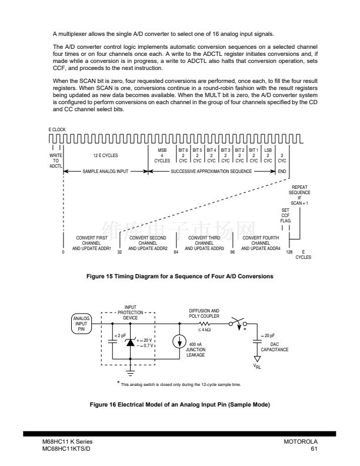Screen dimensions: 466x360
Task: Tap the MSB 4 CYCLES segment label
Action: pos(162,156)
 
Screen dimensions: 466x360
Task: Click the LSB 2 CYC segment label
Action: pos(268,155)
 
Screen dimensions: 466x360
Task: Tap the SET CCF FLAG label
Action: pos(285,215)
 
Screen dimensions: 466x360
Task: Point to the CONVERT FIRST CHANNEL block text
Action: pos(91,242)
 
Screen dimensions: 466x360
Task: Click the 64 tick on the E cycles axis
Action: pos(176,252)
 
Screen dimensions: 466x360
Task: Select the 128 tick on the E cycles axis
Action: pos(289,252)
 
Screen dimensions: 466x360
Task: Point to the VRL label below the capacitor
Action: pos(256,364)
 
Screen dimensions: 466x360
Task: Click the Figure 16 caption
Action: pos(180,405)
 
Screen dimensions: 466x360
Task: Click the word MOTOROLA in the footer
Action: pos(301,441)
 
